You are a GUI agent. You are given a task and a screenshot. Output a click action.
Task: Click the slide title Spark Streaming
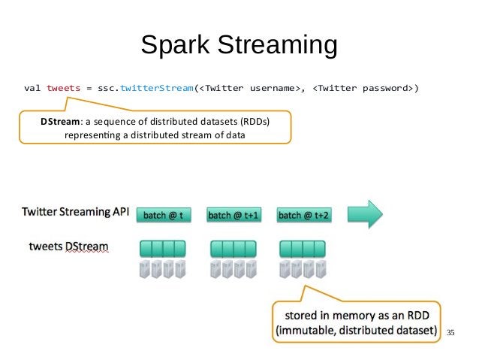pos(239,45)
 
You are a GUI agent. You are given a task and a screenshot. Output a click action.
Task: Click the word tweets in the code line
pos(64,88)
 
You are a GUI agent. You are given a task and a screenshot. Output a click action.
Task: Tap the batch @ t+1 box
pos(233,215)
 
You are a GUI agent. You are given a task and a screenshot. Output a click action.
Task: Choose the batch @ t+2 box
pos(303,215)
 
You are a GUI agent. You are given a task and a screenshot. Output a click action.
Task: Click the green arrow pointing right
pos(365,214)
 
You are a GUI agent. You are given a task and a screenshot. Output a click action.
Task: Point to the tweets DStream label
pos(68,247)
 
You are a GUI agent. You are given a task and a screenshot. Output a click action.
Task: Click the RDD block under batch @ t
pos(162,248)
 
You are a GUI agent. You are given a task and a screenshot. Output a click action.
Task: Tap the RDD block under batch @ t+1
pos(233,248)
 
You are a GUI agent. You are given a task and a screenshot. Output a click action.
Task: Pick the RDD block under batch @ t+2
pos(303,248)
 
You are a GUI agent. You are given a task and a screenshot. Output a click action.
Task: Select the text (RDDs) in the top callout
pos(250,122)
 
